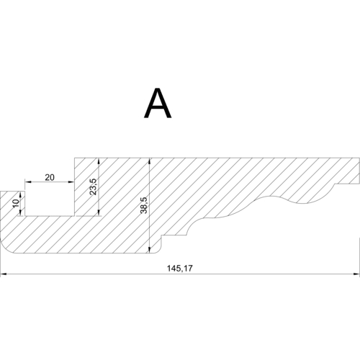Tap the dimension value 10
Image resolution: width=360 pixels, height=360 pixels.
[x=17, y=203]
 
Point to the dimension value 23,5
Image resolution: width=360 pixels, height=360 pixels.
[x=93, y=186]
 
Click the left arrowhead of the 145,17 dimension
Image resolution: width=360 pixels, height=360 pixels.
[x=3, y=274]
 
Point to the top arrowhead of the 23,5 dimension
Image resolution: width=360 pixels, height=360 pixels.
[x=98, y=160]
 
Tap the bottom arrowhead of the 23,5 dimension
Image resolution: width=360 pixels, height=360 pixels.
[x=98, y=212]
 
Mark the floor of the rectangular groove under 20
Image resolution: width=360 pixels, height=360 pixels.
[x=49, y=215]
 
